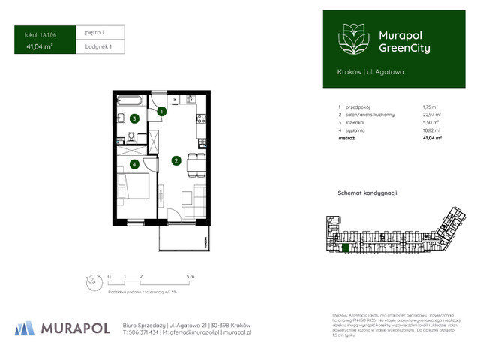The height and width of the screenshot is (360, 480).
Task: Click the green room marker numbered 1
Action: pos(161,112)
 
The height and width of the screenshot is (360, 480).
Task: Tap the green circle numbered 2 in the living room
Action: pos(175,160)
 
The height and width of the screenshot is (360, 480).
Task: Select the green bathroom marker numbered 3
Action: pos(134,118)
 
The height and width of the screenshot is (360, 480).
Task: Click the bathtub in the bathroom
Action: pos(133,100)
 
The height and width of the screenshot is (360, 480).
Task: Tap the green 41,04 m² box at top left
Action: pos(40,46)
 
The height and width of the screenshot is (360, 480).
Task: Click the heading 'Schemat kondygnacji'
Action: pos(367,193)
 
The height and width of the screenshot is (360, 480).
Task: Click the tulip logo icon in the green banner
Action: pos(350,40)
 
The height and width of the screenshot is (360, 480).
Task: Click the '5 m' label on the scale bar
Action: pos(190,277)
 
